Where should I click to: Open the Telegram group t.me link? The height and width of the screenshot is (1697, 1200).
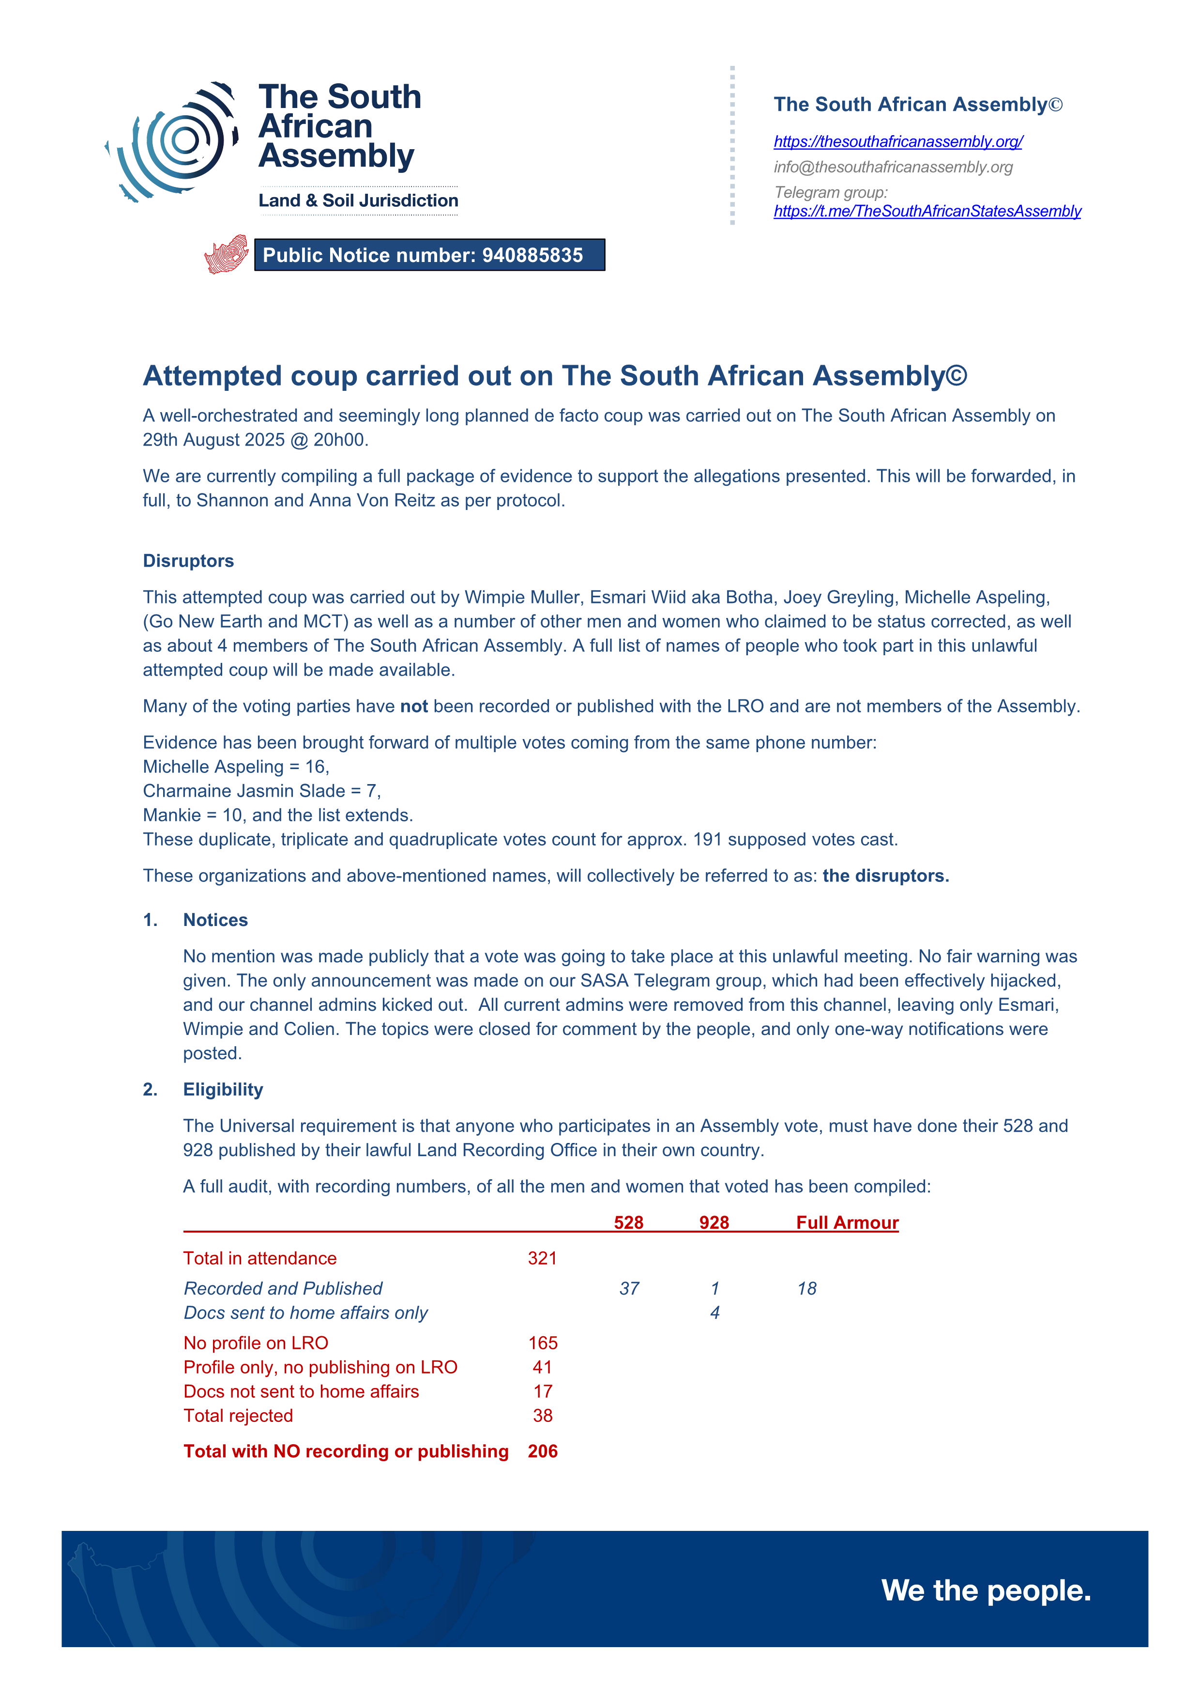927,211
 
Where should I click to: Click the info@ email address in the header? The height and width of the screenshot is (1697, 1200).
893,167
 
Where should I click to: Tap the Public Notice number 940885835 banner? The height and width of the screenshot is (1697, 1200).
429,255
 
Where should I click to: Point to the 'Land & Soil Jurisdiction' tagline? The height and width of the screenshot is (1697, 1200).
358,201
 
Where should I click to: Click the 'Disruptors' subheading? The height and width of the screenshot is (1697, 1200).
188,561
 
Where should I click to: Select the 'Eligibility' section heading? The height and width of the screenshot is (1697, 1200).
223,1090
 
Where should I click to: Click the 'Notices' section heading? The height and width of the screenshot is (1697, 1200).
215,920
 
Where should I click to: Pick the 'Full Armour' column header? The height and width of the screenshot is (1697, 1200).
847,1222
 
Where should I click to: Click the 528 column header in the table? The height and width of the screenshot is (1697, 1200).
628,1222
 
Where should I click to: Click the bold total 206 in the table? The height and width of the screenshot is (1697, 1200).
542,1451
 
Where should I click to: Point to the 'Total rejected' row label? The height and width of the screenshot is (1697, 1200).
238,1416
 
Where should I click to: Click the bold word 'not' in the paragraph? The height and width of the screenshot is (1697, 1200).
414,707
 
